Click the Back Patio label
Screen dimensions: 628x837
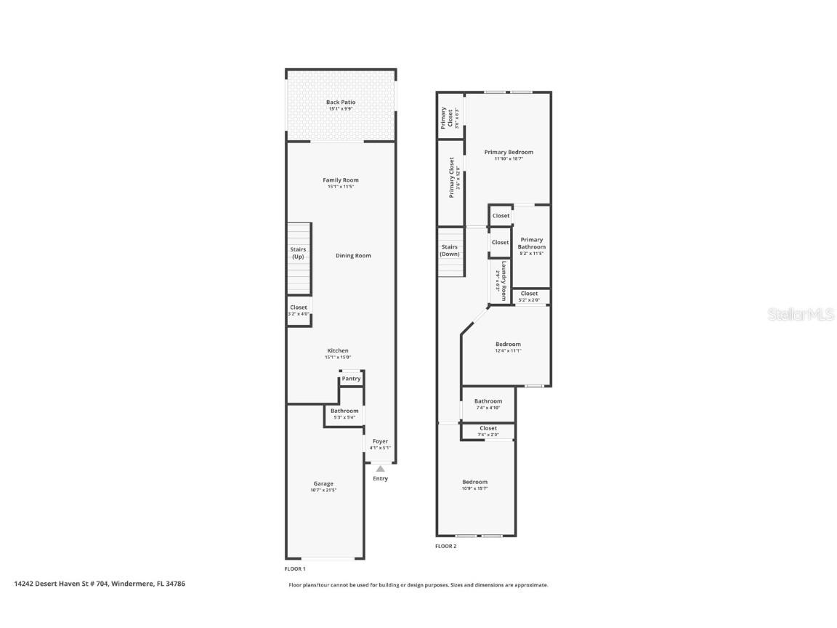(341, 102)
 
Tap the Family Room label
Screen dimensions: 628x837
(341, 180)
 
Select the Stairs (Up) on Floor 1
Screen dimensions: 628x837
(299, 253)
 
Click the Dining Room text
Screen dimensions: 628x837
(353, 256)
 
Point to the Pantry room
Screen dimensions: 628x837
(351, 379)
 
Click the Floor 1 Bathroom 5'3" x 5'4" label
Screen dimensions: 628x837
(344, 411)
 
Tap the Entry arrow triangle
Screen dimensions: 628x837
(380, 469)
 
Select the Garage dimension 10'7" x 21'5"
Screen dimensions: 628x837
(323, 491)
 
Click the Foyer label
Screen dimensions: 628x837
(380, 441)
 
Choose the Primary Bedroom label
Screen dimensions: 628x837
(509, 153)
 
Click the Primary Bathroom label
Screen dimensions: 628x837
(531, 243)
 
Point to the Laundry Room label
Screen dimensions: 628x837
(501, 276)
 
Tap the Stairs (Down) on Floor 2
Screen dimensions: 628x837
(450, 250)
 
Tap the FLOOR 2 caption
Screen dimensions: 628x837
(445, 547)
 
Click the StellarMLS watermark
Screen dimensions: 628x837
(803, 314)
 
